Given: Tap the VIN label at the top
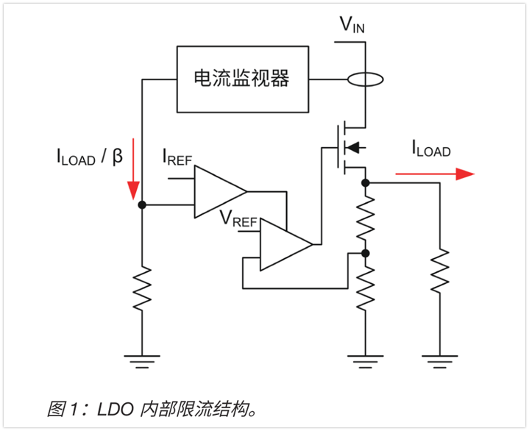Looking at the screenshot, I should tap(352, 25).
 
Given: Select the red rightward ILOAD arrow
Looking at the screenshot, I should tap(433, 174).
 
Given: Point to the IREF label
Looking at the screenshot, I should tap(177, 157).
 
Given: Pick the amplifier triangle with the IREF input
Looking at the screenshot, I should tap(219, 192).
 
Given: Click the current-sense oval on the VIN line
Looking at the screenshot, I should tap(365, 79).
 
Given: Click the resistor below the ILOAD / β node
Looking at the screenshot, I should tap(142, 288).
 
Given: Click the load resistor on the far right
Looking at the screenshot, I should tap(439, 271).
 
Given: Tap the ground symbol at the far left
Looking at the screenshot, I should tap(142, 360).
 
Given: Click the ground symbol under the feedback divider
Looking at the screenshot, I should tap(366, 360).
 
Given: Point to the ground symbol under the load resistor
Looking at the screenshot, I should tap(439, 360).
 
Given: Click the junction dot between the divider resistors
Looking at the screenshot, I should tap(366, 253).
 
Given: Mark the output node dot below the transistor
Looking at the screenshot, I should tap(366, 181).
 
